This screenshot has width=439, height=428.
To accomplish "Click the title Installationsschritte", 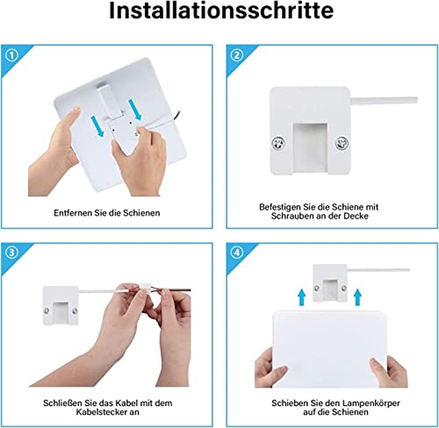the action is (221, 11).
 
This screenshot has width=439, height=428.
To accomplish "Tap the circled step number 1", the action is (12, 56).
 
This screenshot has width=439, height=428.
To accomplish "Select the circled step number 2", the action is (237, 56).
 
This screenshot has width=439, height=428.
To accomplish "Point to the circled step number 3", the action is (12, 253).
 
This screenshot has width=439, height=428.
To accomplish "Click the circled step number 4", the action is (237, 253).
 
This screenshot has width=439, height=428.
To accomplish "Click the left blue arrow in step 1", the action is (97, 126).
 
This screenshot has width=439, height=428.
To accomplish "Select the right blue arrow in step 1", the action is (135, 110).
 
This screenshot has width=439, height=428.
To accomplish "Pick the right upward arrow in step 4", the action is (358, 297).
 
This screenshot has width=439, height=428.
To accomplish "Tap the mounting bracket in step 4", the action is (330, 283).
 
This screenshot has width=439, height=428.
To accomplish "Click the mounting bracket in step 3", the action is (60, 306).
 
